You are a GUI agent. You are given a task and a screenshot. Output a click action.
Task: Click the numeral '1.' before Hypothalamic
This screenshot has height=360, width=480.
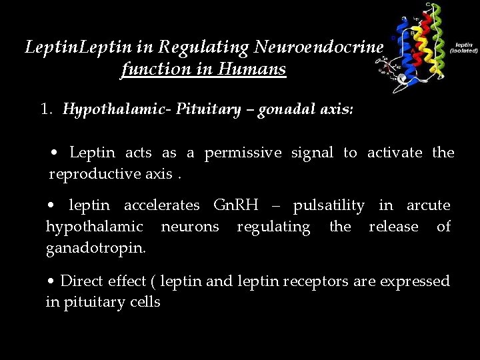coord(47,109)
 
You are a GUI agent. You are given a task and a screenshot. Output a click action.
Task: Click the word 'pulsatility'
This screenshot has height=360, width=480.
coord(329,205)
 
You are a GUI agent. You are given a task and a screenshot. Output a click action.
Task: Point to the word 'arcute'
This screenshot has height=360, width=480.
coord(428,205)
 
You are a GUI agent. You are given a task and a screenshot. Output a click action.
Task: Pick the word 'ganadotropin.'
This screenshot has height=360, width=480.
coord(97,248)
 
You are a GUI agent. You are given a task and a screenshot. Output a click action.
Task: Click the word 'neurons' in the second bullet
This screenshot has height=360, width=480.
coord(190,227)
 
